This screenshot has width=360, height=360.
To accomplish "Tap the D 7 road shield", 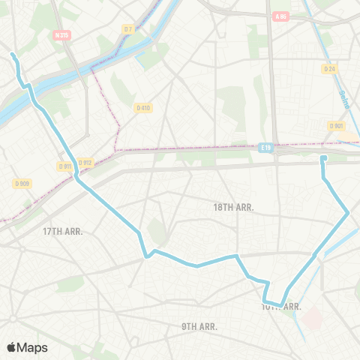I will click(127, 28).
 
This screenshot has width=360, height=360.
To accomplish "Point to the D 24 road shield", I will click(328, 69).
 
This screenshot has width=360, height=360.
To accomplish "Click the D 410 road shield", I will click(142, 108).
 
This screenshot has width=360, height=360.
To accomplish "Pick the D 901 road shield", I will click(337, 125).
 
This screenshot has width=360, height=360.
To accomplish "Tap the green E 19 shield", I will click(265, 148).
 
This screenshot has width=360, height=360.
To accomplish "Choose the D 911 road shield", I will click(64, 166).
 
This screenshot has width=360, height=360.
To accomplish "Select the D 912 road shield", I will click(84, 162).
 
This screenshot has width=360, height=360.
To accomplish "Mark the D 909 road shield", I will click(22, 184).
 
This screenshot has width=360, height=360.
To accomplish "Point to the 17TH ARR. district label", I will click(62, 231).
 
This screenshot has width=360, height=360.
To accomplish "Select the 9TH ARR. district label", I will click(199, 326).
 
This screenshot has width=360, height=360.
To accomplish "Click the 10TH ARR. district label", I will click(282, 307).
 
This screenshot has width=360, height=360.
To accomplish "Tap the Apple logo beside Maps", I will click(11, 348).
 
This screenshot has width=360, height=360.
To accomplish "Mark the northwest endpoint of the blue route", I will click(13, 55).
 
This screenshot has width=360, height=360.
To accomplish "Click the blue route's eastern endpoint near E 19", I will click(323, 158).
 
